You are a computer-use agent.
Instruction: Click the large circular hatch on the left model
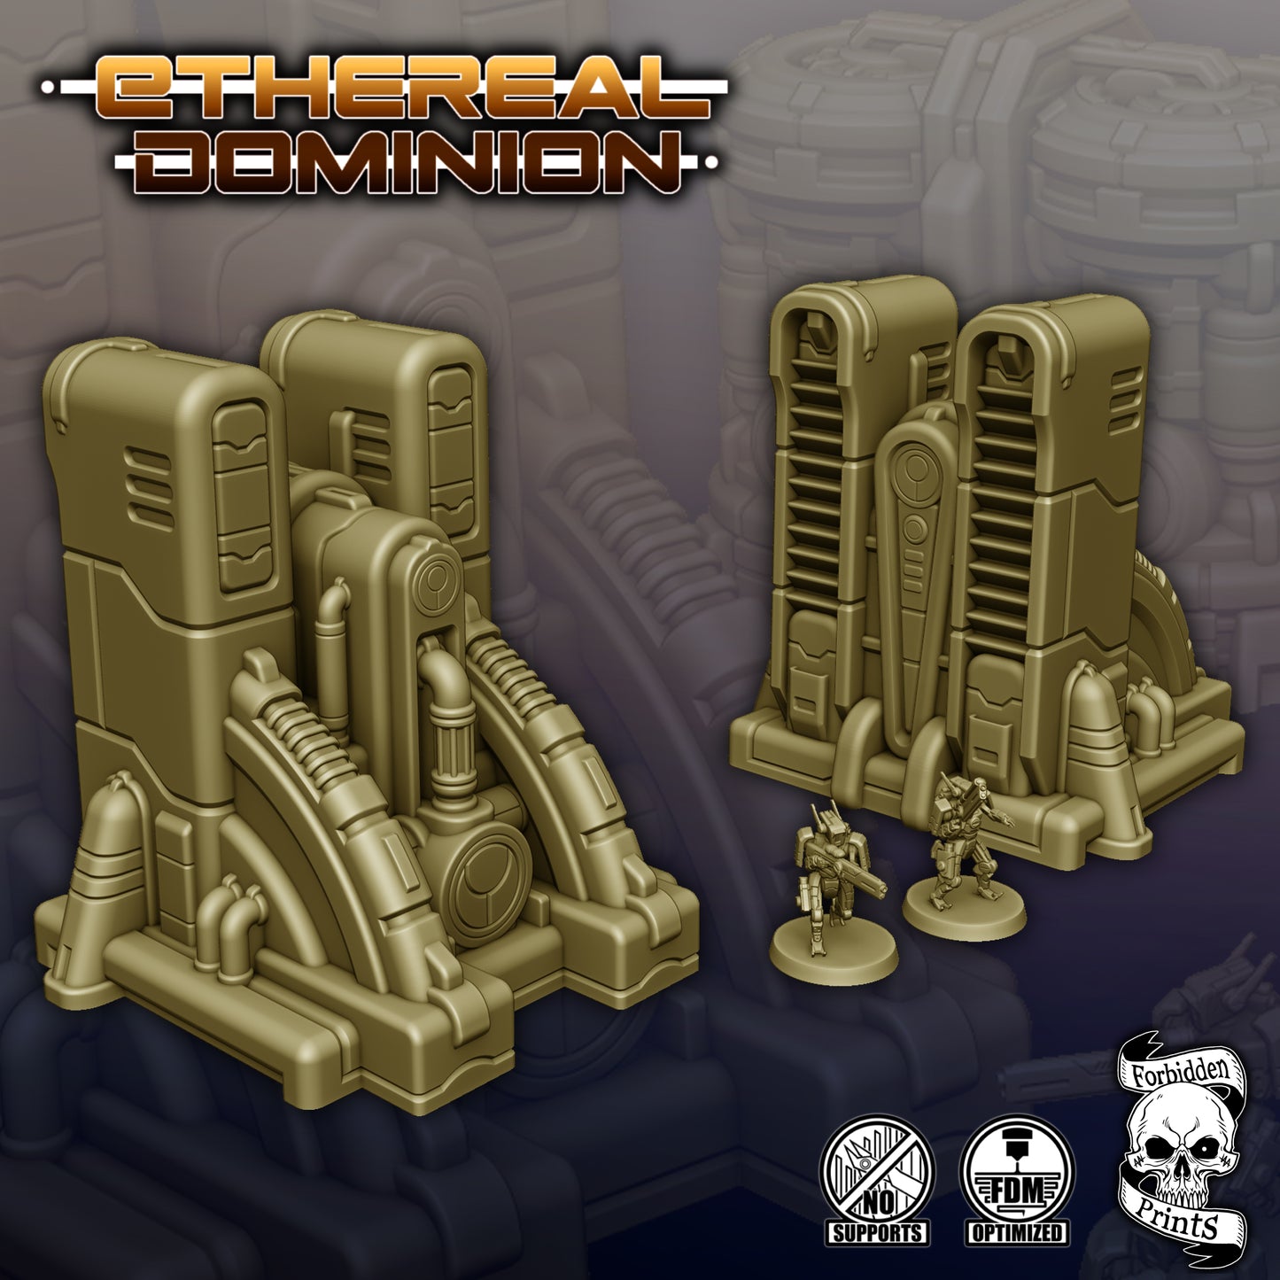tap(486, 872)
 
